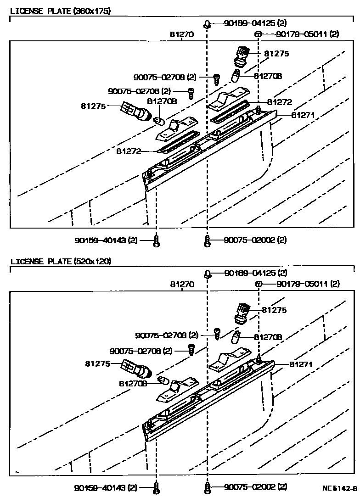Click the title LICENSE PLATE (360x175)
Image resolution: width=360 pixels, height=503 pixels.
[61, 11]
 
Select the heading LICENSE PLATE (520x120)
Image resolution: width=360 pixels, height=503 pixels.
[61, 262]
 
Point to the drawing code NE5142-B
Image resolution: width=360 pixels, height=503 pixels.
[339, 489]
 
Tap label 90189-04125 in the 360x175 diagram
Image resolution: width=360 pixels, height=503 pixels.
[255, 23]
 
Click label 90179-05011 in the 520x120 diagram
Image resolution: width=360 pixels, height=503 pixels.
[308, 284]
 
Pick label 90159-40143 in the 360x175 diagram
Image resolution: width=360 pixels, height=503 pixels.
[106, 240]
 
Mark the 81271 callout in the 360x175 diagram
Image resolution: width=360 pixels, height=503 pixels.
[302, 116]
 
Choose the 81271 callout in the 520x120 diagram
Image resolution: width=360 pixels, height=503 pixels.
[301, 364]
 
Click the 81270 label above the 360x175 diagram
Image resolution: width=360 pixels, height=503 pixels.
[182, 34]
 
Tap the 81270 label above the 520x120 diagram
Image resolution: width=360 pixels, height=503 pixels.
[182, 285]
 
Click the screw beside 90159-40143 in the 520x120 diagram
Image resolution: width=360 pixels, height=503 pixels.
[157, 488]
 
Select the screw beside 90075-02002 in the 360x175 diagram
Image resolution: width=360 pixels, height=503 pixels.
[207, 240]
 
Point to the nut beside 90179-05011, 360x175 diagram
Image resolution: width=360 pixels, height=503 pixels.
[259, 34]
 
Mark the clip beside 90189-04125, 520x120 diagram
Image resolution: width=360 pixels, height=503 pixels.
[207, 274]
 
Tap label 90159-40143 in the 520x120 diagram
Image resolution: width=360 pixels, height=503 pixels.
[106, 487]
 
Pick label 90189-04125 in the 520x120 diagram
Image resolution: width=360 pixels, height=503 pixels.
[255, 273]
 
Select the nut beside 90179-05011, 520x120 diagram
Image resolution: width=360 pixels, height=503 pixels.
[259, 285]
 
